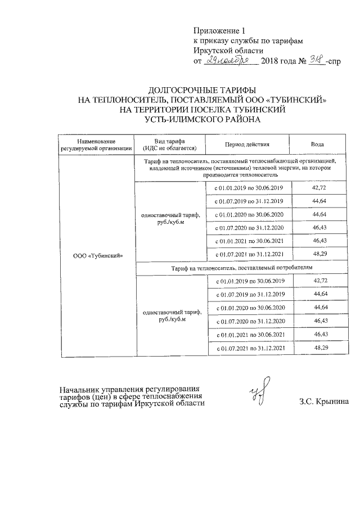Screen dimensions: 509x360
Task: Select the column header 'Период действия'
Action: point(247,145)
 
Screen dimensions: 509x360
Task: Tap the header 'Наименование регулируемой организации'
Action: point(97,145)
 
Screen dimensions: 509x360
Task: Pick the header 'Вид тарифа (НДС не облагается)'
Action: point(170,145)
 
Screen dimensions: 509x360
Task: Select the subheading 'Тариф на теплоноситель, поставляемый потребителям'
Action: point(241,269)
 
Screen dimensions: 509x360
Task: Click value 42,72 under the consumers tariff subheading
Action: point(320,280)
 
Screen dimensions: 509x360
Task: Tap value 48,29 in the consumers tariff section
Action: point(320,348)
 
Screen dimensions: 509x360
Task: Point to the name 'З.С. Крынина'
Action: point(324,402)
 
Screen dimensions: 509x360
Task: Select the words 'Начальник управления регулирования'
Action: point(130,389)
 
